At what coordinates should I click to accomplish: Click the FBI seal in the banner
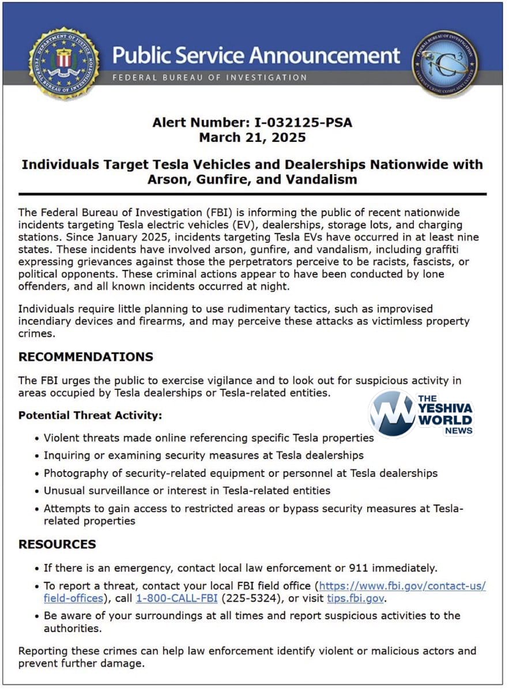pos(64,62)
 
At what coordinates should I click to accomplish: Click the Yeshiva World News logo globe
pos(393,414)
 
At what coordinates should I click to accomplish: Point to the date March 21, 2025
pos(252,137)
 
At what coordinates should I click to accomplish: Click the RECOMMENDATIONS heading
pos(86,356)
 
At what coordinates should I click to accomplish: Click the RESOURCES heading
pos(57,544)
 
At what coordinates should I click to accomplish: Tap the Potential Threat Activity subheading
pos(90,415)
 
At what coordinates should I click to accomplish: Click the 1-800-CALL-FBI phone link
pos(176,599)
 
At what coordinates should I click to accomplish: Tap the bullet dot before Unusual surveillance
pos(37,491)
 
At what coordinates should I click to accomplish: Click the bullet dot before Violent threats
pos(37,438)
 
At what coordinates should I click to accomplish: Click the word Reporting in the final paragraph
pos(43,651)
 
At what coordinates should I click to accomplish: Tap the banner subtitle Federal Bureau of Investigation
pos(209,77)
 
